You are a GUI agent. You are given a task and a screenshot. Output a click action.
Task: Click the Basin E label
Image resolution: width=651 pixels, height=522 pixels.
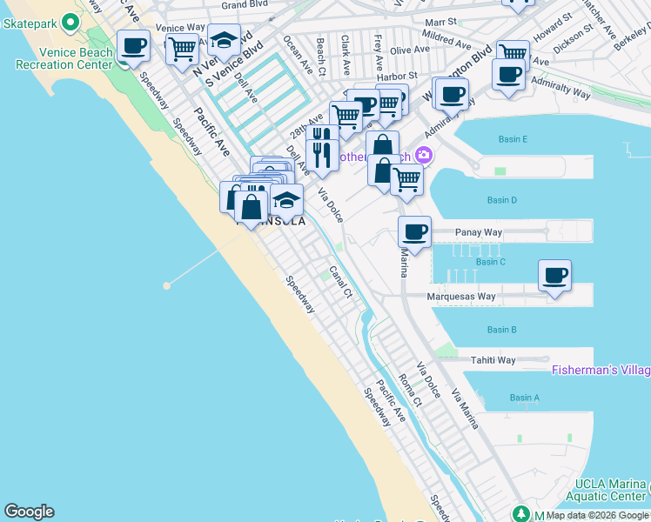click(513, 139)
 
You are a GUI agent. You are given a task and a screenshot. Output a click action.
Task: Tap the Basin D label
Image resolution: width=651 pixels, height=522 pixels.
click(502, 200)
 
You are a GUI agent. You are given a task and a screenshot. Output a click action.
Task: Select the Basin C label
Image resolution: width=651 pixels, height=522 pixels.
click(491, 262)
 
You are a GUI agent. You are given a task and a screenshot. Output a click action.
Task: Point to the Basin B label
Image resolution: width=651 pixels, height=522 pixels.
click(502, 330)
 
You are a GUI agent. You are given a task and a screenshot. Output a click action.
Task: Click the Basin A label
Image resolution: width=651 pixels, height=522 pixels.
click(524, 398)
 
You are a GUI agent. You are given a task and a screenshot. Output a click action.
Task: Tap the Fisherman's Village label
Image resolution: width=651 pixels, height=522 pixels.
click(601, 370)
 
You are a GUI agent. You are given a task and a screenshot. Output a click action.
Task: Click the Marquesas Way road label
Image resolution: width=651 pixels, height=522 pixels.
click(461, 297)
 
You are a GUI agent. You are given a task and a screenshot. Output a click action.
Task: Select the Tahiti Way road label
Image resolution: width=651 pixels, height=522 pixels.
click(493, 360)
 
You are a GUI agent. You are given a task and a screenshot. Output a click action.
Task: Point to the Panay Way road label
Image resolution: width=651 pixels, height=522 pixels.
click(480, 233)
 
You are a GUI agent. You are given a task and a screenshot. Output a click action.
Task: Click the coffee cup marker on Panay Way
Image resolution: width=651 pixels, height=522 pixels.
click(415, 232)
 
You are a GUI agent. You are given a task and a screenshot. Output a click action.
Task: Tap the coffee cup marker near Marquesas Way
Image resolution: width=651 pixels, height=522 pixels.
click(554, 277)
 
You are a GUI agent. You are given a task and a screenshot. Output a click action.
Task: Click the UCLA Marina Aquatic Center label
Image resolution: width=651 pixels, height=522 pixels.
click(610, 491)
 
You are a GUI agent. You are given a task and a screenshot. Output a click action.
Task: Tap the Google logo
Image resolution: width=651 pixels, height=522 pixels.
click(29, 512)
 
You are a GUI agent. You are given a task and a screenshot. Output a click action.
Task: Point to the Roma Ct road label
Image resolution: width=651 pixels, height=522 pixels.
click(409, 390)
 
